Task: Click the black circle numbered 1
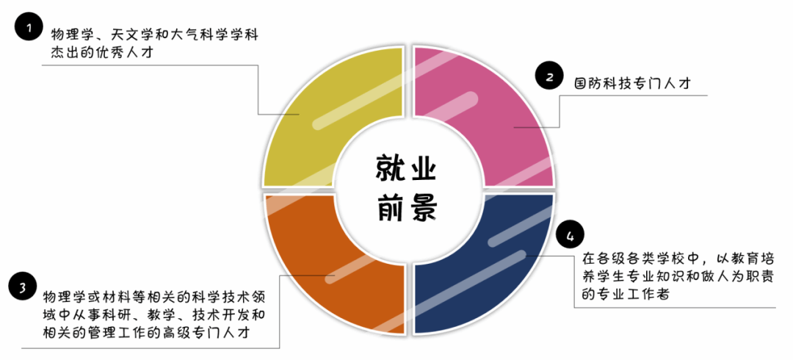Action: pos(29,29)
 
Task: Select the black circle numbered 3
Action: pos(23,287)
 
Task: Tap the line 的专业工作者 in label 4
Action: pos(624,294)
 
